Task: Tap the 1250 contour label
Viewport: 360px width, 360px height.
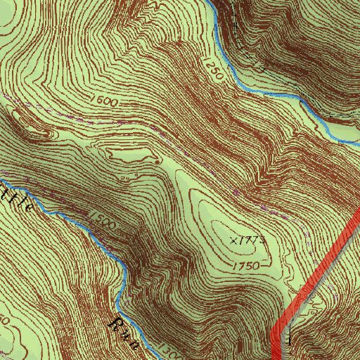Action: click(x=214, y=67)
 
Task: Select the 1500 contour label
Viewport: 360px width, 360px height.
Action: click(x=102, y=219)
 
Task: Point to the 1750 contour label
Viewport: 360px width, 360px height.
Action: click(x=246, y=265)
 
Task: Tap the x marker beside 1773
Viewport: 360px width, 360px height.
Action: click(x=233, y=240)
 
